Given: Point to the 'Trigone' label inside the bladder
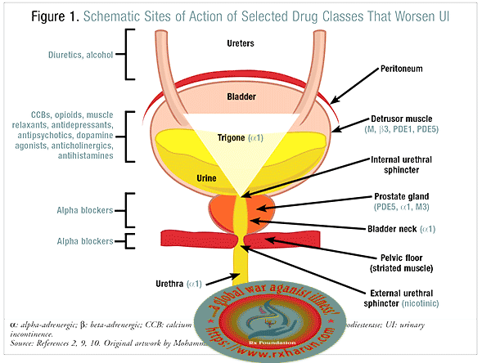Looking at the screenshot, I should coord(233,139).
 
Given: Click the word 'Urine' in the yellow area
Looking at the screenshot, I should coord(206,177).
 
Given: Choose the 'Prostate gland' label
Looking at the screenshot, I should coord(401,199).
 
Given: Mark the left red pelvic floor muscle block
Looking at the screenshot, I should coord(194,240).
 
